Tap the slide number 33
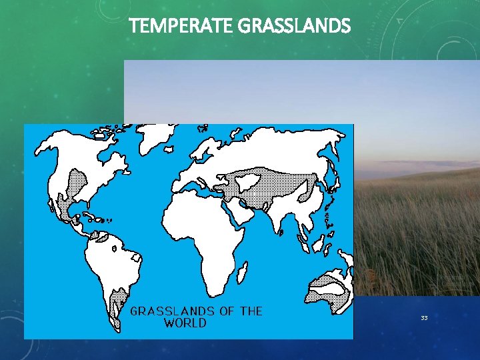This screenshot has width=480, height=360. click(424, 318)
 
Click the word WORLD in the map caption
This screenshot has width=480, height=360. click(185, 323)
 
